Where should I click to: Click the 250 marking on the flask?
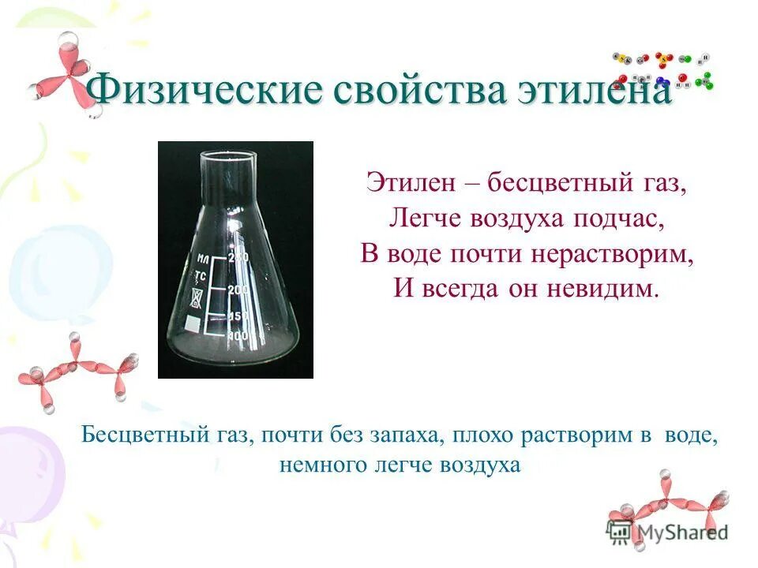238,257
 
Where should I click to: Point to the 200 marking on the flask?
238,290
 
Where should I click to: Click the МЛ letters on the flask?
203,259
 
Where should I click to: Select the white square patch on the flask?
192,323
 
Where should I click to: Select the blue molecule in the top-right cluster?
662,80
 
